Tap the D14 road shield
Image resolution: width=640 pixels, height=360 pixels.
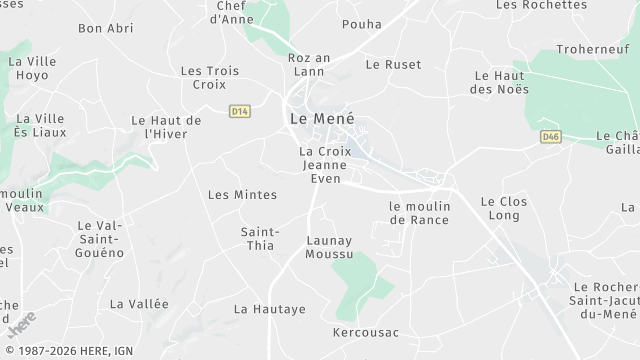(238, 110)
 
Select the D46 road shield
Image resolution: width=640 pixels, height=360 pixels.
(549, 136)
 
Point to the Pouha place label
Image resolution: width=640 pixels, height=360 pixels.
(361, 24)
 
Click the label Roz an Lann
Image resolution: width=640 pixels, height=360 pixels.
(308, 65)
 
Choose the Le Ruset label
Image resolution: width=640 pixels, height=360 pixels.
(393, 64)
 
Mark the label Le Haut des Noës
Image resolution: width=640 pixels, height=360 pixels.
(498, 82)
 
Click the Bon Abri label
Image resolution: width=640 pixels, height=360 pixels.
(105, 28)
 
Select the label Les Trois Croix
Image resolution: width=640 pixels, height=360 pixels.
(203, 78)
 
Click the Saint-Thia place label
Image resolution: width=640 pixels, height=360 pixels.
(260, 239)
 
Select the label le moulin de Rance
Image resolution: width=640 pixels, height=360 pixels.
(420, 212)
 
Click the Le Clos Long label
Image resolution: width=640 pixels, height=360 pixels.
(503, 208)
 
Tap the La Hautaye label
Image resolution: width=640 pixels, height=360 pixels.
(269, 309)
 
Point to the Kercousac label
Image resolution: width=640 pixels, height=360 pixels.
(366, 331)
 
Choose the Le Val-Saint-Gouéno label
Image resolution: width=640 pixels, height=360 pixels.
(99, 239)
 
